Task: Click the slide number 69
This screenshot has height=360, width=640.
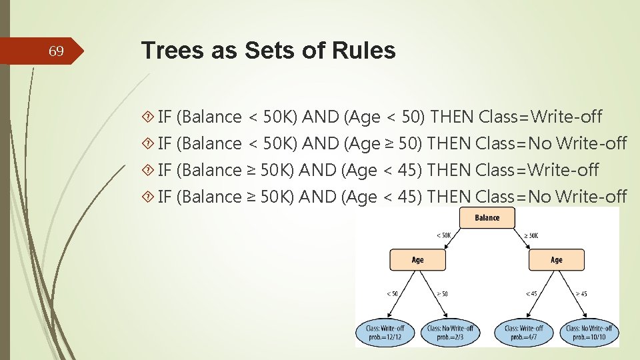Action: click(x=57, y=51)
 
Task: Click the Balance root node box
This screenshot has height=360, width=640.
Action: click(x=487, y=218)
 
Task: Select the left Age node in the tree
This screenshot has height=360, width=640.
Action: click(x=417, y=260)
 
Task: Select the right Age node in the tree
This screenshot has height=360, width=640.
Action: click(x=557, y=260)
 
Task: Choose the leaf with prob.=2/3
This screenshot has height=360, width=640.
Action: click(x=450, y=332)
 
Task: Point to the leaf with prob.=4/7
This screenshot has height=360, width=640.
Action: click(x=524, y=332)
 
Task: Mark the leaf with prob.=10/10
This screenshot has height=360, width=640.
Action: click(x=589, y=332)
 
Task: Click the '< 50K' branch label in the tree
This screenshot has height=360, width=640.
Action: click(x=444, y=235)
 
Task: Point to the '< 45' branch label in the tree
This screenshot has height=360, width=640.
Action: click(x=531, y=293)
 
